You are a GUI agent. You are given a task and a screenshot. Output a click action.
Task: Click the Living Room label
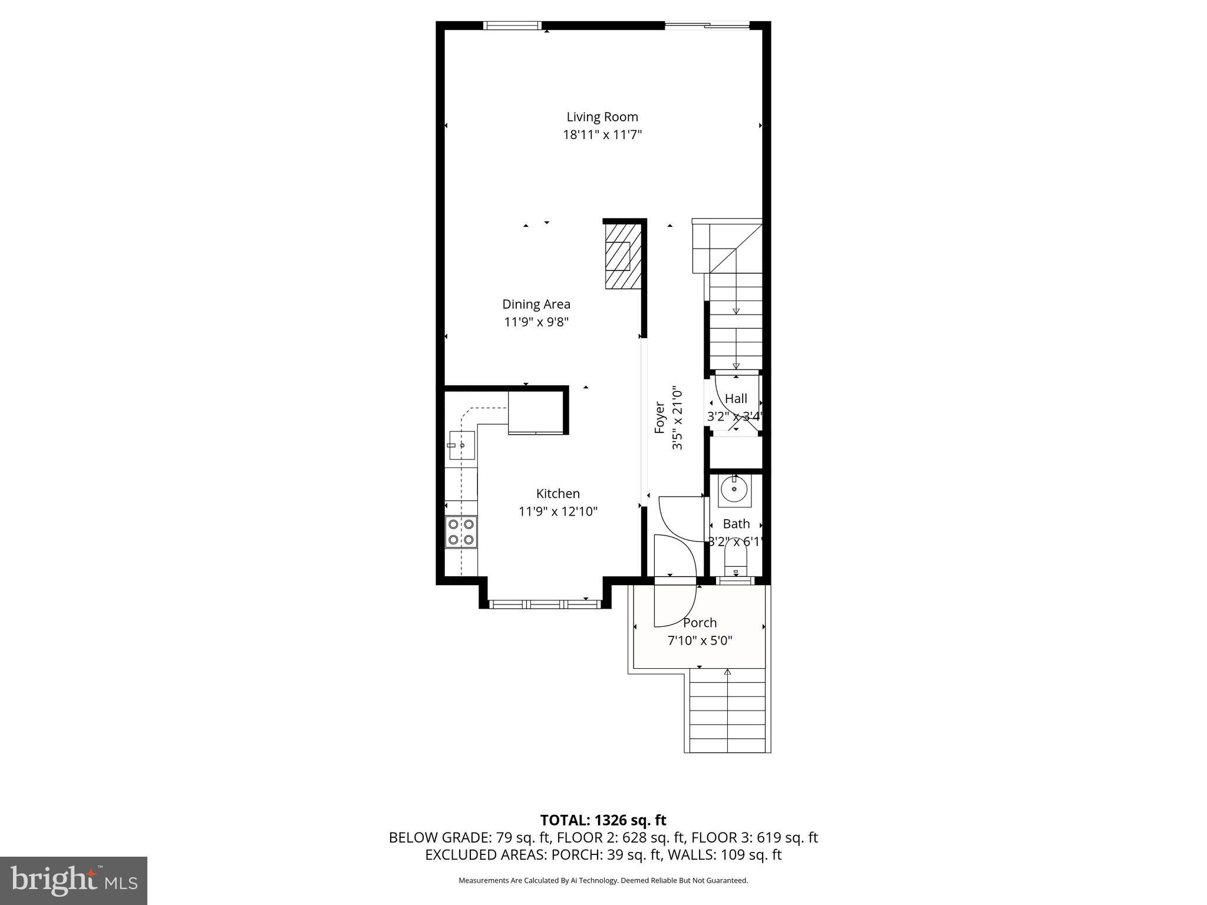[x=602, y=117]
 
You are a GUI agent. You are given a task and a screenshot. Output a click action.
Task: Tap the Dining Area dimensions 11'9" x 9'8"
[x=536, y=322]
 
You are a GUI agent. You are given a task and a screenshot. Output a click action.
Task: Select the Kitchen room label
[x=558, y=493]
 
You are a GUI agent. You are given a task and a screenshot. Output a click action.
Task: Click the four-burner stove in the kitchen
[x=461, y=532]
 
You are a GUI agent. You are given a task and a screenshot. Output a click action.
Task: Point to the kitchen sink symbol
[x=461, y=445]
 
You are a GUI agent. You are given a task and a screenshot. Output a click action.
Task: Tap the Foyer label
[x=659, y=418]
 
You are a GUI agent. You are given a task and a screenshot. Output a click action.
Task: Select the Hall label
[x=736, y=398]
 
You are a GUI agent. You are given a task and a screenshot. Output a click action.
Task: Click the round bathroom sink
[x=734, y=490]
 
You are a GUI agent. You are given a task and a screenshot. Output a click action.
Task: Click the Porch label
[x=700, y=623]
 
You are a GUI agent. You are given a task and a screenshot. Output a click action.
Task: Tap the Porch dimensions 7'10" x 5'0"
[x=700, y=640]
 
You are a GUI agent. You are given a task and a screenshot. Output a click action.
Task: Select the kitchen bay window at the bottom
[x=545, y=604]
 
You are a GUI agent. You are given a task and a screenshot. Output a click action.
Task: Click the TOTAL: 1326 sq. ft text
[x=603, y=820]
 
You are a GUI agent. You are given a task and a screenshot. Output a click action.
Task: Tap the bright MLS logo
[x=74, y=880]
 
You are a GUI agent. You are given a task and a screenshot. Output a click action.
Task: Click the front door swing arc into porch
[x=675, y=607]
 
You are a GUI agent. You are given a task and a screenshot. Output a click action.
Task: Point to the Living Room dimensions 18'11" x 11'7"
[x=602, y=135]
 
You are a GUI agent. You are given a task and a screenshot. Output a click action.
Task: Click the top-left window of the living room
[x=512, y=25]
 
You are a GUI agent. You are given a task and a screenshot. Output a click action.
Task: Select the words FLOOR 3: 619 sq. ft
[x=754, y=838]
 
